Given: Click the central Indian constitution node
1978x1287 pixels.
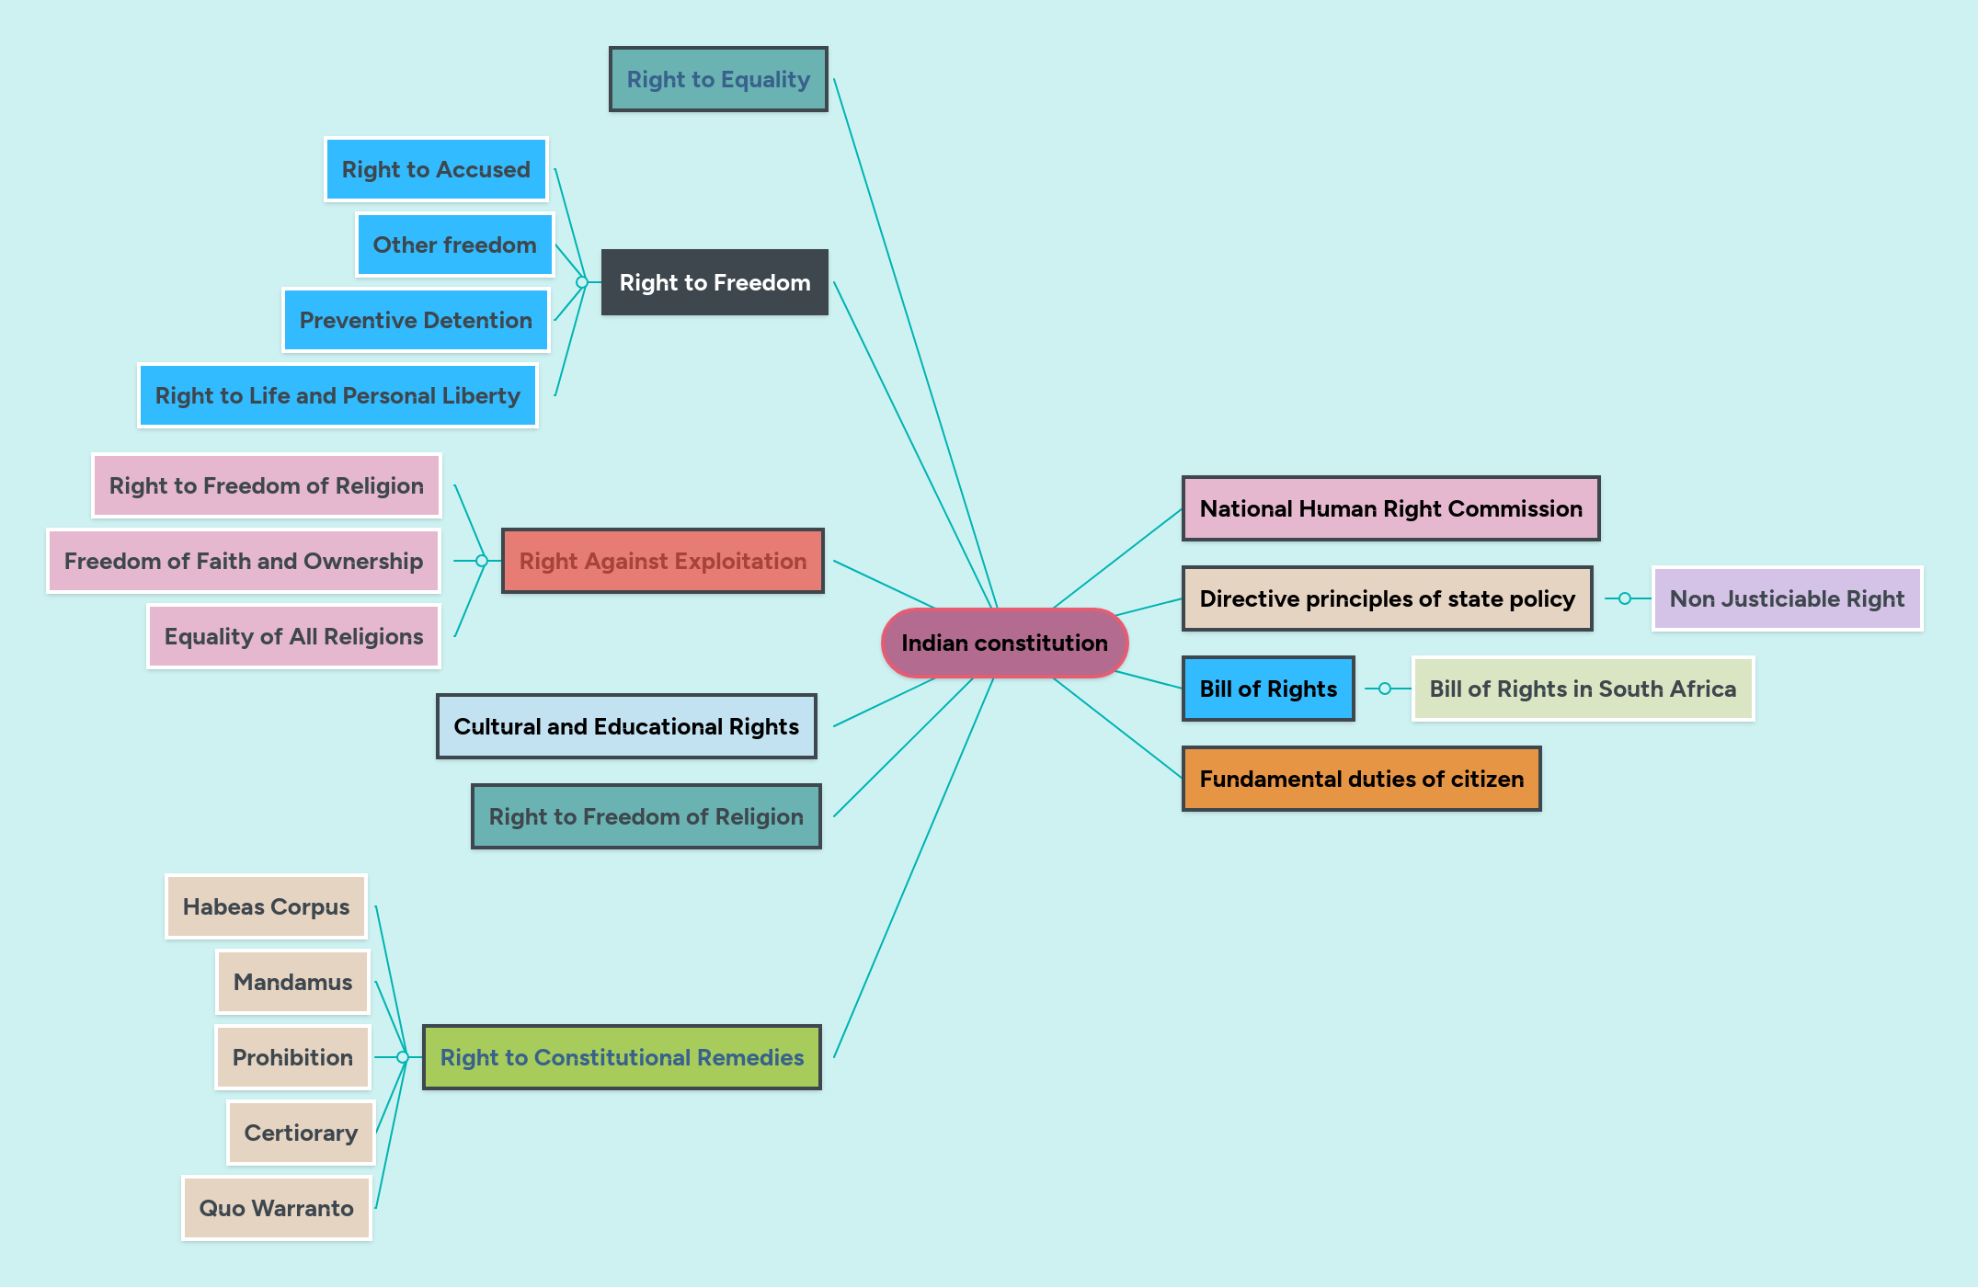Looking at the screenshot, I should (1004, 643).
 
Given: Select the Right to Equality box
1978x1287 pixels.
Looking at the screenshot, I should (718, 79).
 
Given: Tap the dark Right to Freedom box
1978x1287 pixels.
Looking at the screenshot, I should (715, 282).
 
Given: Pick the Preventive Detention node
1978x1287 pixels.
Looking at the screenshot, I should (416, 320).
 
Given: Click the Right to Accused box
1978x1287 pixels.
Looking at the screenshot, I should (436, 169).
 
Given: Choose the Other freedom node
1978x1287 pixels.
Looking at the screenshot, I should (454, 245).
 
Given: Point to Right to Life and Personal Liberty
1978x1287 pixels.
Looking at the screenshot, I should (337, 395).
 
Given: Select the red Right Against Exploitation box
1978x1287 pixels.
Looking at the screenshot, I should (662, 561).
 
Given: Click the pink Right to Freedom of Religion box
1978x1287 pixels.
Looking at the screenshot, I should (266, 485).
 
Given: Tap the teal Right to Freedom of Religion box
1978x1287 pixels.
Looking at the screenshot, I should (646, 816).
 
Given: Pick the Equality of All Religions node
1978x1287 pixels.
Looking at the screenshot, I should (293, 636).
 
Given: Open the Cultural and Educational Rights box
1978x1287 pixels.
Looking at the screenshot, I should (626, 726).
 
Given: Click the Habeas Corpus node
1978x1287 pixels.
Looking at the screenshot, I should (266, 906).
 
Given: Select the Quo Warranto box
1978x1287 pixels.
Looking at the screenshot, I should (276, 1208).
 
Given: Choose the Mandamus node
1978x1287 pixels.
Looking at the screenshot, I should (292, 982).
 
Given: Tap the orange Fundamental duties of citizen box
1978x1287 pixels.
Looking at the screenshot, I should (1361, 779).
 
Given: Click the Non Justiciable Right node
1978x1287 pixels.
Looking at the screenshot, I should (1787, 598).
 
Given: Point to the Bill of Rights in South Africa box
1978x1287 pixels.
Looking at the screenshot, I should (1583, 689).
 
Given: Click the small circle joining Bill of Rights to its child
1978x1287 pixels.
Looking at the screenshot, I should (1385, 689).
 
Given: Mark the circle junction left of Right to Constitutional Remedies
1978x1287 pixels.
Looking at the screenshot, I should (403, 1057).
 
